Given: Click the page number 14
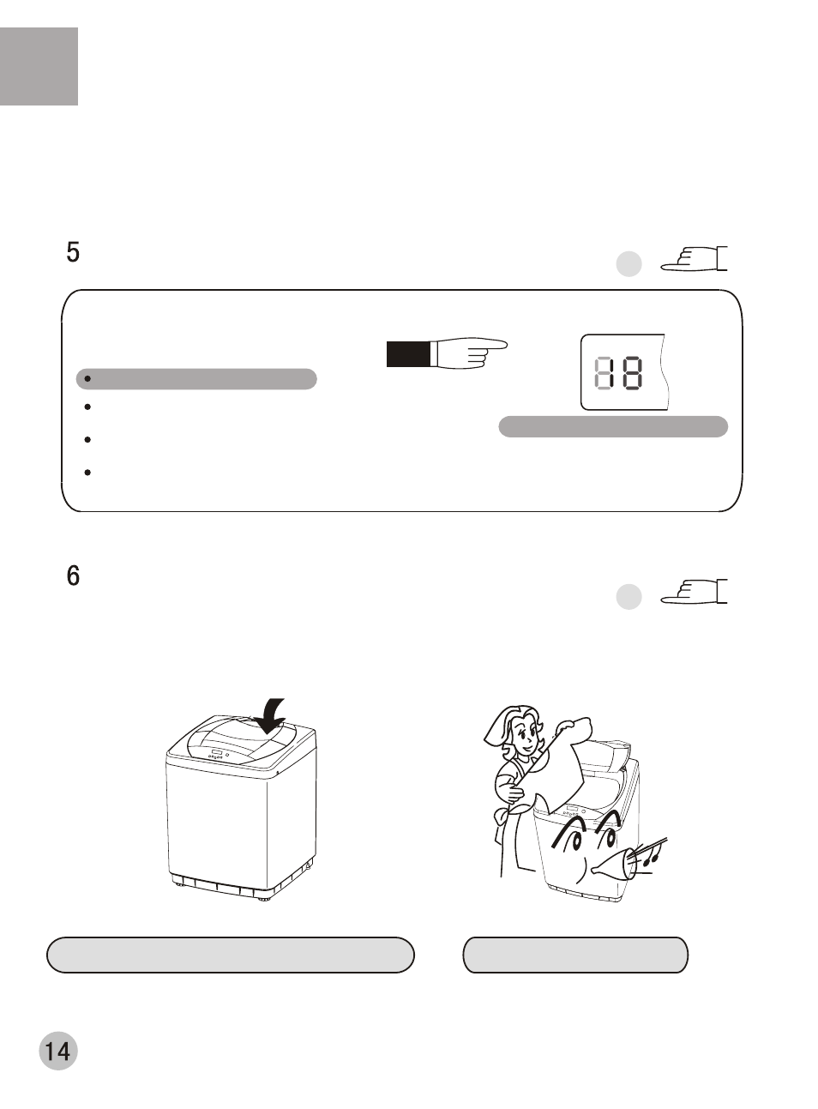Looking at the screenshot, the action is (x=58, y=1051).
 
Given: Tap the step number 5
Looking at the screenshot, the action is (x=73, y=252).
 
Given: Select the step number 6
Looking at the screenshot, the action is (x=73, y=576).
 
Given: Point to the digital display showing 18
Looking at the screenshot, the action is (x=624, y=372).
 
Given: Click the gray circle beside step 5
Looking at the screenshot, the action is (x=629, y=263).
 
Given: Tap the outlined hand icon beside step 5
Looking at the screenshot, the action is (x=694, y=258).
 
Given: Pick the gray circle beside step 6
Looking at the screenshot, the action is (x=629, y=596).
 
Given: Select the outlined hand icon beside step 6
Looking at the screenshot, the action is (x=694, y=592).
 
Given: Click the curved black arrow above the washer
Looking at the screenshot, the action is (x=270, y=716).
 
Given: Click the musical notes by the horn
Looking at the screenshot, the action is (x=650, y=857).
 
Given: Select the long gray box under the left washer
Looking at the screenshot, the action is (x=231, y=955).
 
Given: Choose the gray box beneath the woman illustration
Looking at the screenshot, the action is (x=575, y=955).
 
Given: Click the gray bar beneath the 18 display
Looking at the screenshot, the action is (x=613, y=426).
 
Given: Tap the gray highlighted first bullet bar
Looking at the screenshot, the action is (x=196, y=379).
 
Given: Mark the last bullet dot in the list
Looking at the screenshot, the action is (x=87, y=472).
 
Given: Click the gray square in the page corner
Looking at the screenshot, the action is (x=39, y=67).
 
